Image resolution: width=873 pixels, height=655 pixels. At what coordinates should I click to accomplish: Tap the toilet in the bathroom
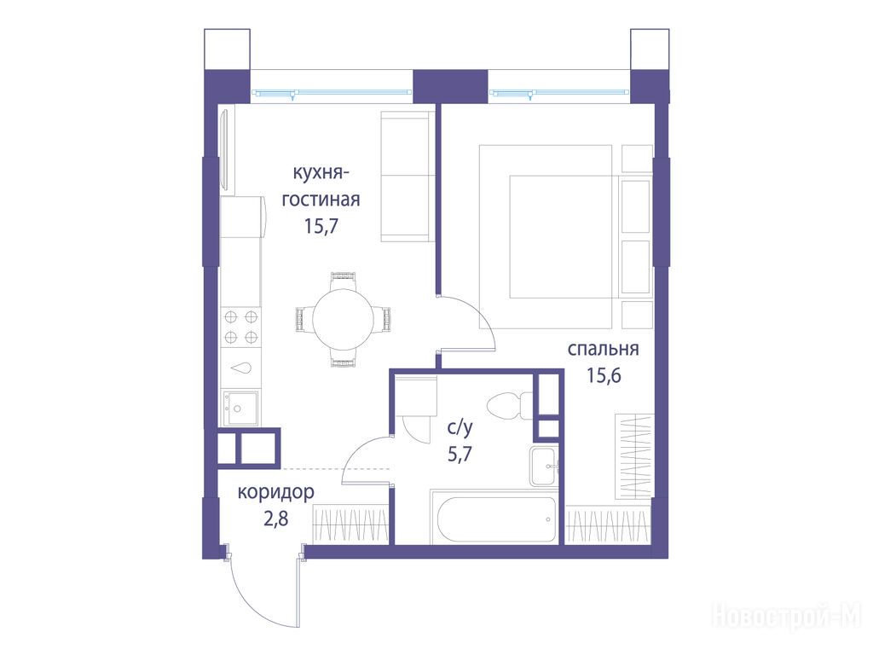click(509, 405)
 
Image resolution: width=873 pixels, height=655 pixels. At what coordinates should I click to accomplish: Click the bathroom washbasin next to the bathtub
click(543, 467)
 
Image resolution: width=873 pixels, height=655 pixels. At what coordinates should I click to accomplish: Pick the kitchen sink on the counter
click(240, 409)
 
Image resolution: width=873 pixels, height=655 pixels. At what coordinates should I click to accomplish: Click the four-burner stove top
click(241, 327)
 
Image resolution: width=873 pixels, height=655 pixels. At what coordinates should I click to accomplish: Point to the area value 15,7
click(321, 225)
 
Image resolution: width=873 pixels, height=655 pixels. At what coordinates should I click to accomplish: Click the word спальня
click(603, 349)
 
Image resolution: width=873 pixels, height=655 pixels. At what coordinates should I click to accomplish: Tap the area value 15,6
click(603, 376)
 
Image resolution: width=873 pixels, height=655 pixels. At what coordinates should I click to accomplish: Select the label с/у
click(460, 427)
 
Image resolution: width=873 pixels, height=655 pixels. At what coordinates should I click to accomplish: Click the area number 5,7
click(460, 454)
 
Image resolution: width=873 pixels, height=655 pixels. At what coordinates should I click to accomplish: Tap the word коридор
click(275, 492)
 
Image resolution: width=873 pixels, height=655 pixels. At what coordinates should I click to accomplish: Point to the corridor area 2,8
click(275, 519)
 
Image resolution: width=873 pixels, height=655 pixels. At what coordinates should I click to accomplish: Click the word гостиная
click(321, 199)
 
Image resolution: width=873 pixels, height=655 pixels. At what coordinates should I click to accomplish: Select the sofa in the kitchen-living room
click(408, 177)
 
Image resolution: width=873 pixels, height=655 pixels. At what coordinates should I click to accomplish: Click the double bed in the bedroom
click(546, 237)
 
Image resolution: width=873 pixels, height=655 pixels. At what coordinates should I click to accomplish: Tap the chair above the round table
click(342, 280)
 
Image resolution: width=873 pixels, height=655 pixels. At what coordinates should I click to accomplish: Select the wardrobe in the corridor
click(350, 525)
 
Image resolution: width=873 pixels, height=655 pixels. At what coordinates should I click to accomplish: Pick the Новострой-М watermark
click(786, 616)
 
